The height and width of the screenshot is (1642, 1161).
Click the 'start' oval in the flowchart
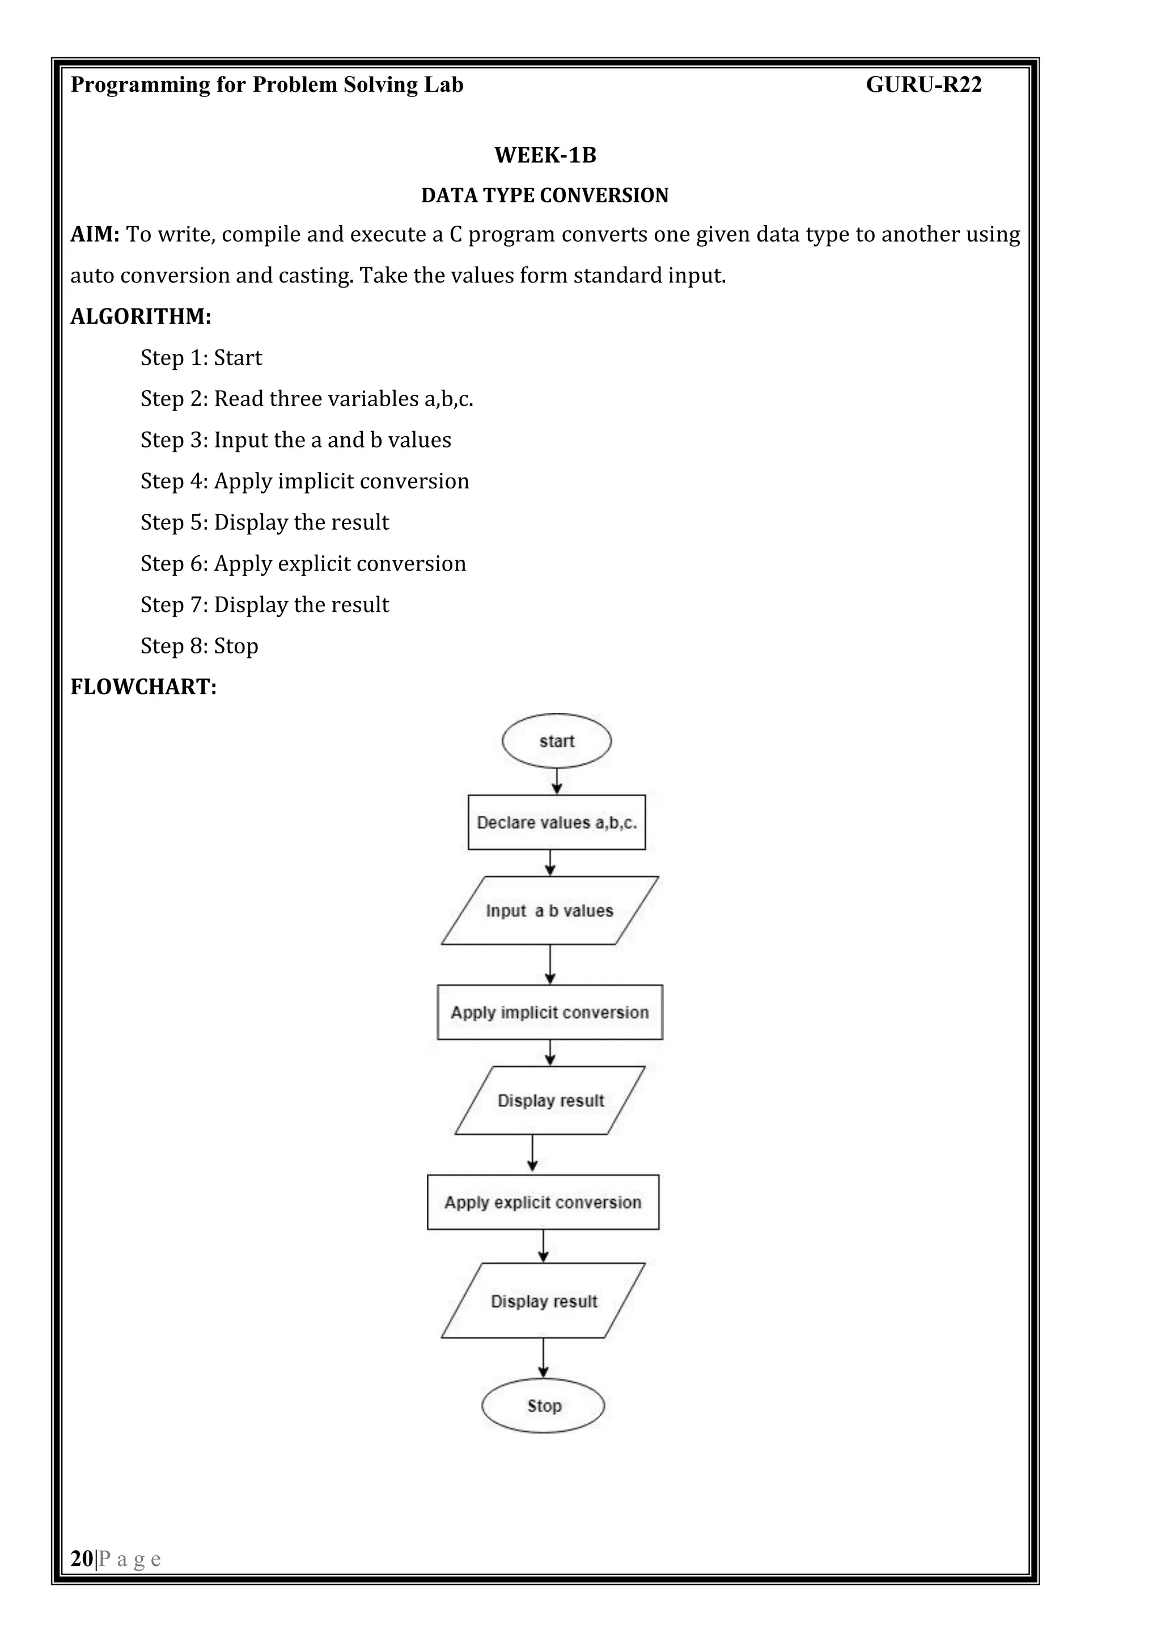pyautogui.click(x=556, y=741)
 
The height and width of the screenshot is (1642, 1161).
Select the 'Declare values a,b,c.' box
pyautogui.click(x=556, y=822)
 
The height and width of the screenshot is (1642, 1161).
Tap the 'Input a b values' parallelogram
pyautogui.click(x=549, y=910)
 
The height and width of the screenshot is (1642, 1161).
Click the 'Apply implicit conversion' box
pyautogui.click(x=549, y=1012)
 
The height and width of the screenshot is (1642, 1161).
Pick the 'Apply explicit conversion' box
pyautogui.click(x=543, y=1202)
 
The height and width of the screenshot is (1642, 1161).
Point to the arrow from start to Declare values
pyautogui.click(x=557, y=781)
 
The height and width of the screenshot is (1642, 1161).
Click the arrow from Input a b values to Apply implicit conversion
pyautogui.click(x=550, y=964)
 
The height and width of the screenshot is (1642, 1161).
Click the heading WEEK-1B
pyautogui.click(x=545, y=155)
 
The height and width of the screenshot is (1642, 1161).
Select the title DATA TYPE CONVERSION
pyautogui.click(x=545, y=195)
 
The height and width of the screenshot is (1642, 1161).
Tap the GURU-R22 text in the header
pyautogui.click(x=923, y=85)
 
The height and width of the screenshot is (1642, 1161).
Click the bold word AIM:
pyautogui.click(x=94, y=235)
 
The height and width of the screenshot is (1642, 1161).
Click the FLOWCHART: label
pyautogui.click(x=143, y=687)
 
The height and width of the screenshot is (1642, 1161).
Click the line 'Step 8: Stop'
pyautogui.click(x=199, y=646)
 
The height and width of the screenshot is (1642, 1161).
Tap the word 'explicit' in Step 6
pyautogui.click(x=314, y=564)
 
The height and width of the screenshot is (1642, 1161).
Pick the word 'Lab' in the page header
pyautogui.click(x=443, y=85)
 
